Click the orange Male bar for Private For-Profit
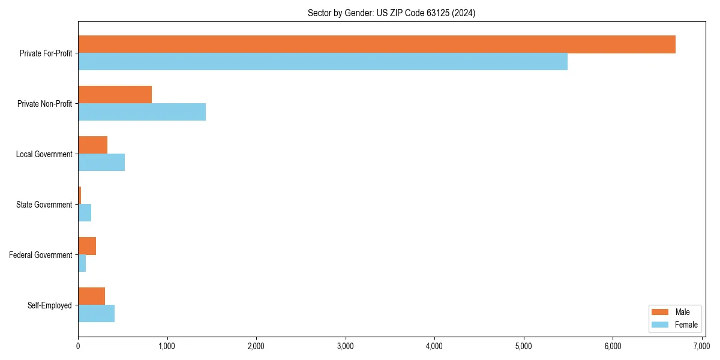point(377,44)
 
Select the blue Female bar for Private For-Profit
point(323,61)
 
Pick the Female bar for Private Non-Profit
point(142,112)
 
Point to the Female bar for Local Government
point(101,162)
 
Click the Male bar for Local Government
point(92,145)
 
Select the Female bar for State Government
point(85,212)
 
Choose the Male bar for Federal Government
point(87,246)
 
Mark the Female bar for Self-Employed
point(96,313)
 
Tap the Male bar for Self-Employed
point(91,296)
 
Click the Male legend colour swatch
point(659,312)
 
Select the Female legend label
point(686,325)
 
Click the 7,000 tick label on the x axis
point(701,346)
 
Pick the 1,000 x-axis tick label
point(167,346)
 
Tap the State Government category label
point(44,205)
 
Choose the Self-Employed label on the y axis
point(50,305)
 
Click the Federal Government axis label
point(41,255)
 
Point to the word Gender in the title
point(356,13)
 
